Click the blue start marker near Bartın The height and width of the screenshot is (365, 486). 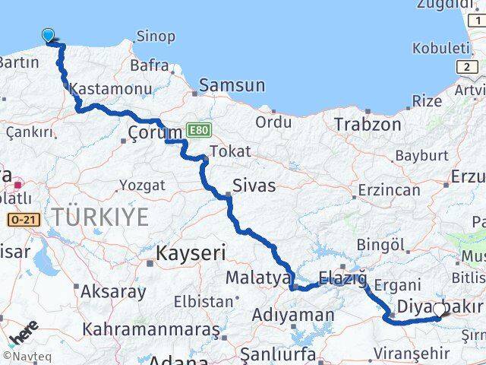coord(49,35)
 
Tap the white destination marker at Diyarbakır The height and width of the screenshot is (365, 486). coord(440,309)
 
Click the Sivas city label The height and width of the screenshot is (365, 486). coord(254,185)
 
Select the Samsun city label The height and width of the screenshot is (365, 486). coord(232,85)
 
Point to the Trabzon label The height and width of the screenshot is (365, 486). coord(368,124)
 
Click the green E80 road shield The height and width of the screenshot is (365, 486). coord(197,130)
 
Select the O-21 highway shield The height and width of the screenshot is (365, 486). coord(23,219)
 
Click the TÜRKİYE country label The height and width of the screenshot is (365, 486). coord(101,217)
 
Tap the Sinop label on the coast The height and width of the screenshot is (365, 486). coord(156,36)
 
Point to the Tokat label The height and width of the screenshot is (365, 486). coord(230,151)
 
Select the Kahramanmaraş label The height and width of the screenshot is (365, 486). coord(151,329)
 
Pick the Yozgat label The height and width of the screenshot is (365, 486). coord(142,185)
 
